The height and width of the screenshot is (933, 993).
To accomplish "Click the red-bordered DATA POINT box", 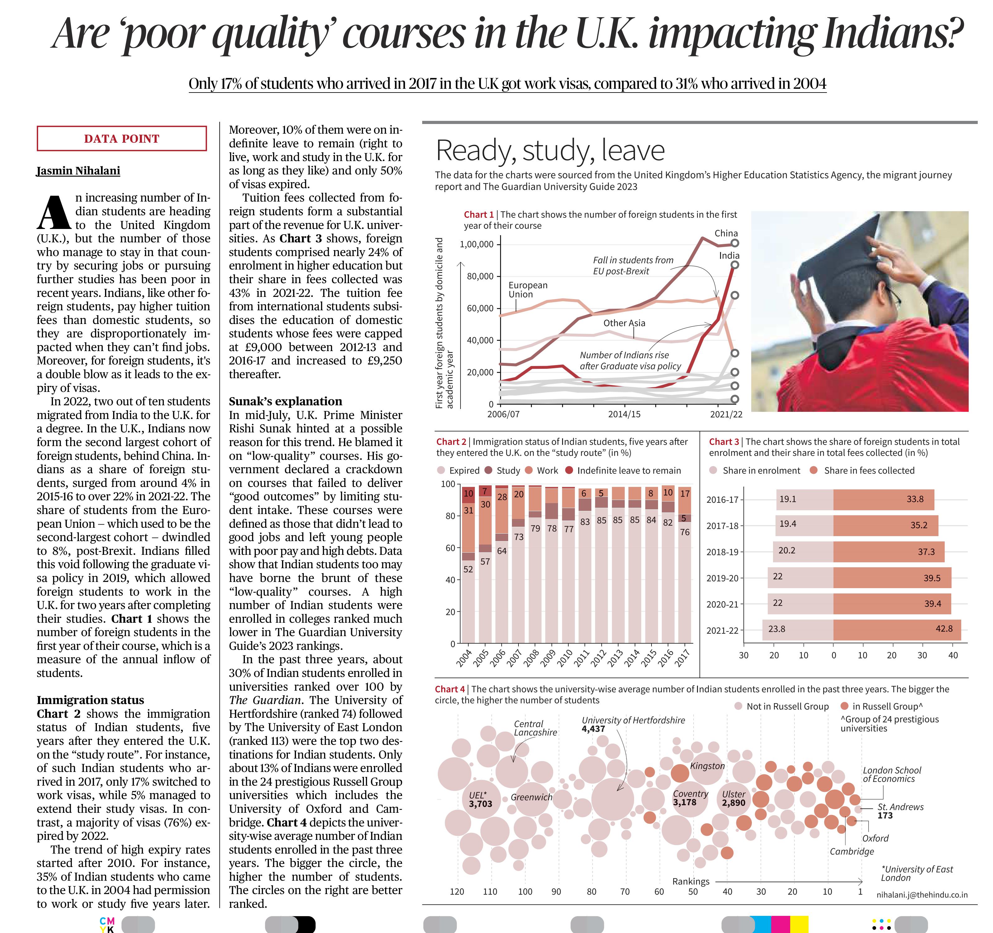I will [x=122, y=138].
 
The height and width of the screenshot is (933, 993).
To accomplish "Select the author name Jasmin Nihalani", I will [x=79, y=171].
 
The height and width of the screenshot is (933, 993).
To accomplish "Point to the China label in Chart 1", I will [x=726, y=233].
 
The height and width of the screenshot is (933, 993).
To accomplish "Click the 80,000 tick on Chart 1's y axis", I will [x=480, y=276].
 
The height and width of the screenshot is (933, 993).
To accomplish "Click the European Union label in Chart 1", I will [x=528, y=290].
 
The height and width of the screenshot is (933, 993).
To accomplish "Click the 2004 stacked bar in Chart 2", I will [x=468, y=564].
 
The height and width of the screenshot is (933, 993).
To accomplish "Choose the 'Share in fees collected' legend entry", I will [x=862, y=470].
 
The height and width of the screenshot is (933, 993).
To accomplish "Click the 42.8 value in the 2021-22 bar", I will [x=943, y=629].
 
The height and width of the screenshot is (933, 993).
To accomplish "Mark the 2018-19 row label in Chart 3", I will [x=722, y=552].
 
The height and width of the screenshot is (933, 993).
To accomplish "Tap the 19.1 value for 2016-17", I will [x=788, y=499].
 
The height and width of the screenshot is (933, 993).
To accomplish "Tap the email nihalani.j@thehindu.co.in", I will [x=922, y=895].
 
